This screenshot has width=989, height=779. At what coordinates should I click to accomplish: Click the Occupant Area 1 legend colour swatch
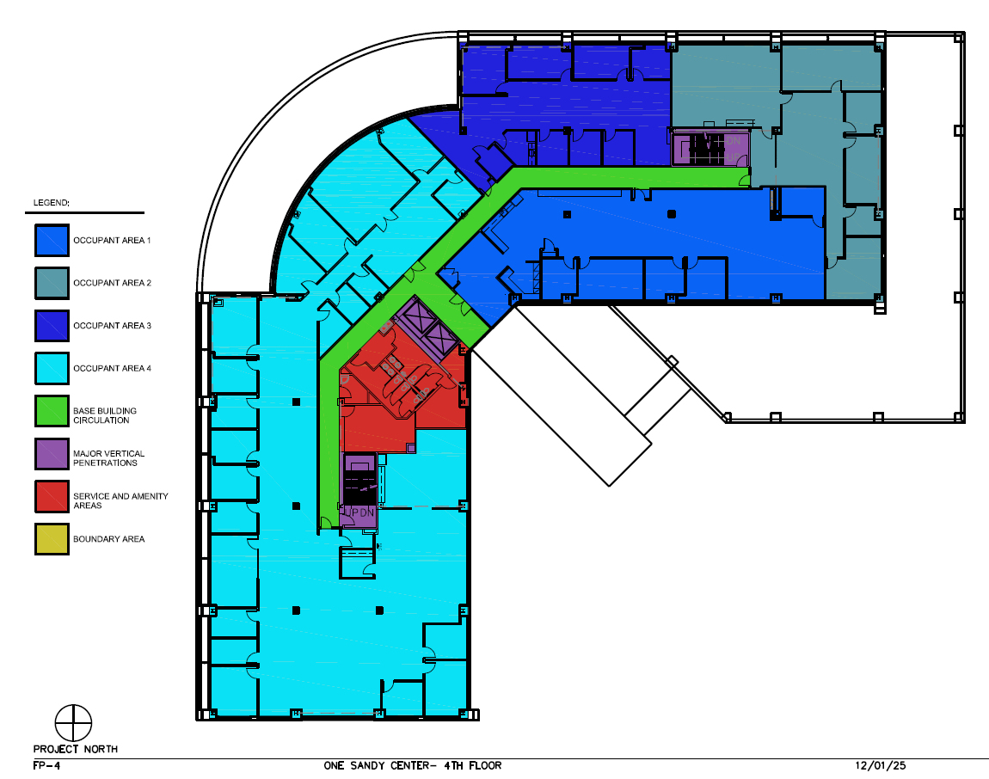52,240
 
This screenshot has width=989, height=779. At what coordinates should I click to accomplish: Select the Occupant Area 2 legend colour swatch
52,283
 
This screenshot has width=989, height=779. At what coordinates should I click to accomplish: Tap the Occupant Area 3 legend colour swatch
52,325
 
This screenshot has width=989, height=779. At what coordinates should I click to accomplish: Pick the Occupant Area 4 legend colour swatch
52,368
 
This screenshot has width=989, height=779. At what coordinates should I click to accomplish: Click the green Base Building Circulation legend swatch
52,411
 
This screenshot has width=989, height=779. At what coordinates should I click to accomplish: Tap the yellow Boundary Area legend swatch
52,539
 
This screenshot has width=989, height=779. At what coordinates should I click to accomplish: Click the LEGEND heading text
52,203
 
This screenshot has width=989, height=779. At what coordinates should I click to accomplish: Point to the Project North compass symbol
73,722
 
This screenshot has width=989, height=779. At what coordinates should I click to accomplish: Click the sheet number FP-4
46,765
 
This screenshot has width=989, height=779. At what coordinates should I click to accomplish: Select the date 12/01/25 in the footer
880,765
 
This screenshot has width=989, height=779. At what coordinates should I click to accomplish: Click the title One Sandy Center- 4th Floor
412,765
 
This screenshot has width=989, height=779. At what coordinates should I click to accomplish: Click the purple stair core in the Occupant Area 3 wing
709,148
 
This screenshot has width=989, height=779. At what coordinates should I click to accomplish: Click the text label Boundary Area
108,539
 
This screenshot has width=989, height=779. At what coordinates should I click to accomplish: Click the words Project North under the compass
75,749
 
